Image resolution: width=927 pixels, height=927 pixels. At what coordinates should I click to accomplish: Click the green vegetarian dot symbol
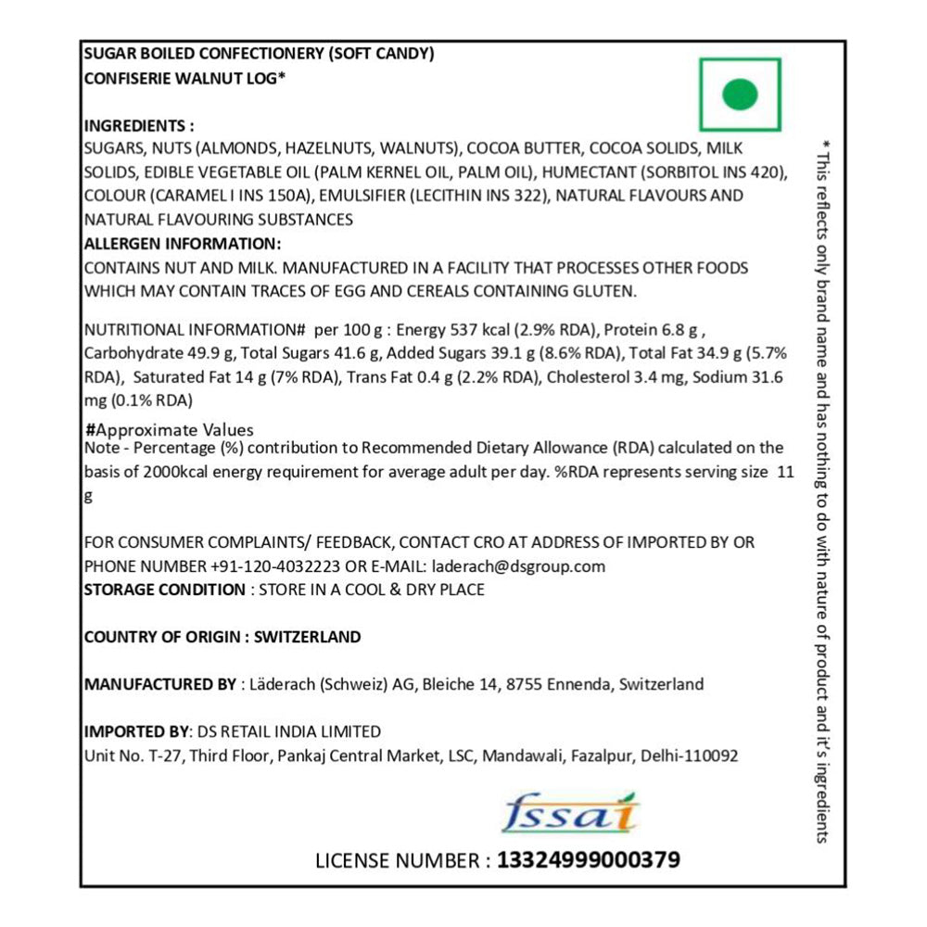[x=740, y=95]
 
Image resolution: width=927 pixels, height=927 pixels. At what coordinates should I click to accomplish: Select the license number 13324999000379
[x=589, y=860]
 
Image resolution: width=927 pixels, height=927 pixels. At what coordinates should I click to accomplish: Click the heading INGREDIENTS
[x=139, y=126]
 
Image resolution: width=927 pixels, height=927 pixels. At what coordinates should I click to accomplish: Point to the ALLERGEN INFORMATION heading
[x=182, y=244]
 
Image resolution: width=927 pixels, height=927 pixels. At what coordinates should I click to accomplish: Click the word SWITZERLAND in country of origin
[x=307, y=637]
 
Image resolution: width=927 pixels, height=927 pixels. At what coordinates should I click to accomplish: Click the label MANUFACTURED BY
[x=159, y=685]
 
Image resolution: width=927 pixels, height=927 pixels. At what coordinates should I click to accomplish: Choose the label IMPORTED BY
[x=133, y=731]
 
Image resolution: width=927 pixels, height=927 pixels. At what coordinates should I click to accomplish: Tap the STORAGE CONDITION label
[x=163, y=590]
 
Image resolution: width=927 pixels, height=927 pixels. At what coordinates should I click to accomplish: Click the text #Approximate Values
[x=169, y=431]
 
